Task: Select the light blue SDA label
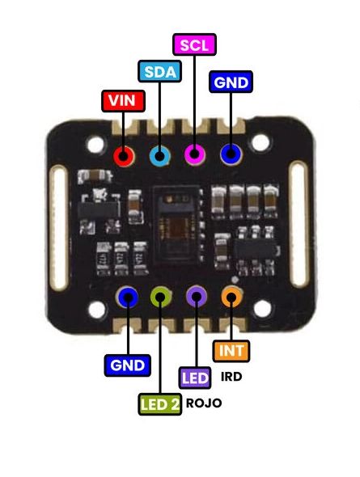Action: click(159, 71)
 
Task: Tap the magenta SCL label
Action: click(194, 44)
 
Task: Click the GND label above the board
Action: click(231, 82)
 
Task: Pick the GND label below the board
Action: click(127, 365)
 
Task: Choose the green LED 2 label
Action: click(160, 403)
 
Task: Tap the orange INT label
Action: click(231, 352)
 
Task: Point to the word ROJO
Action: click(203, 403)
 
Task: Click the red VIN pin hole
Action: click(124, 155)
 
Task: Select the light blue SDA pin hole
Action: click(159, 155)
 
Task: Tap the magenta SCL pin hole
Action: click(194, 154)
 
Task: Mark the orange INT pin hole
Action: click(231, 297)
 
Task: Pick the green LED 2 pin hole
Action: click(161, 298)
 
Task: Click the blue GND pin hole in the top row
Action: click(231, 154)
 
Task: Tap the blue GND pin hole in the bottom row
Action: click(127, 298)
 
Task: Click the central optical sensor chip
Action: click(177, 216)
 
